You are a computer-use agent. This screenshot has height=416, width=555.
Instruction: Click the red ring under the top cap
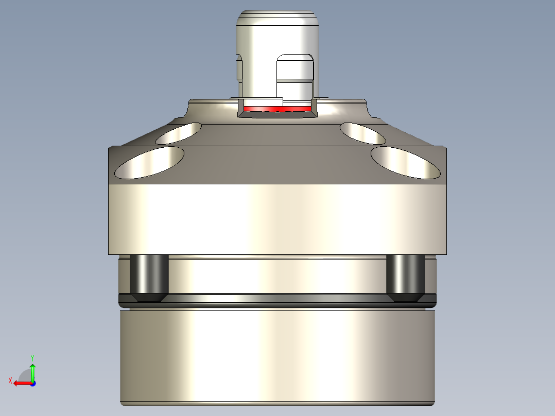point(278,109)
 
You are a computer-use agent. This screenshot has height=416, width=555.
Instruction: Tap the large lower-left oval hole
point(149,162)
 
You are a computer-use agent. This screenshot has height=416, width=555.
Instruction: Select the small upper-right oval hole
point(363,133)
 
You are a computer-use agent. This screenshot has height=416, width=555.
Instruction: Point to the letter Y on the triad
point(32,357)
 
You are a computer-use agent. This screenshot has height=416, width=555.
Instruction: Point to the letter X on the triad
point(10,380)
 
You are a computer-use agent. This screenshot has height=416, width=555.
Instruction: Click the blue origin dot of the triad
point(32,383)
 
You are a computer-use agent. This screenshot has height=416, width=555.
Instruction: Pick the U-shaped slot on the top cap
point(295,77)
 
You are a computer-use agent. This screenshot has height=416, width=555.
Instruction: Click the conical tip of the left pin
point(149,297)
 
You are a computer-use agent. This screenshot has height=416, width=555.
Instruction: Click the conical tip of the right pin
point(405,297)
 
